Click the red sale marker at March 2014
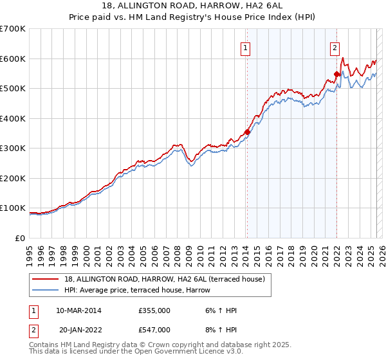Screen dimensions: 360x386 coord(247,132)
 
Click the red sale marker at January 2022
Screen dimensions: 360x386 coord(336,75)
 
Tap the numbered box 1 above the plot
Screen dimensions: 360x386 coord(246,46)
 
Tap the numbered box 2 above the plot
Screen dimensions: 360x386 coord(335,46)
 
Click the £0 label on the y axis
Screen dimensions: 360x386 coord(19,238)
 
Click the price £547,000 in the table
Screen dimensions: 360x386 coord(154,330)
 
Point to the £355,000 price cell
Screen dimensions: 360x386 coord(154,310)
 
